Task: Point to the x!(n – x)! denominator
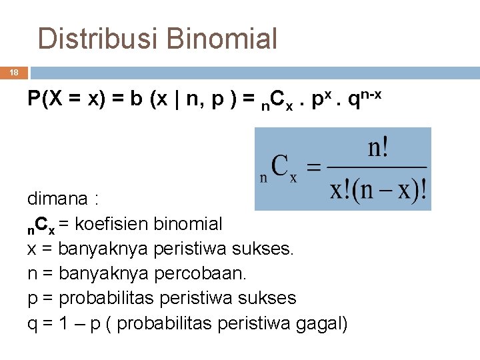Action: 378,191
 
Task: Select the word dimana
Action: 57,199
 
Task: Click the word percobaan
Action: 198,273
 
